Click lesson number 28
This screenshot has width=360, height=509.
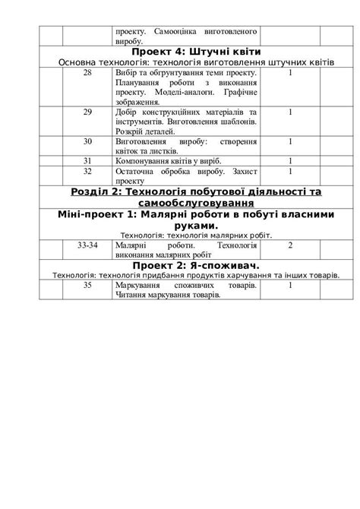(87, 73)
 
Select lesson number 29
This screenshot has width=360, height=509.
(87, 111)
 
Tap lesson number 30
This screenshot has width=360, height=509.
(87, 141)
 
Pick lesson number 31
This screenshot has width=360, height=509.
(87, 160)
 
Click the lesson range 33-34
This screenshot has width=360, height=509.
(87, 245)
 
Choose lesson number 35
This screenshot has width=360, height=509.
(87, 284)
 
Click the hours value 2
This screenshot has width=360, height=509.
(290, 245)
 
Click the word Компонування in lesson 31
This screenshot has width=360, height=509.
(141, 160)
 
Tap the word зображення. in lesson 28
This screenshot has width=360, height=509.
(138, 101)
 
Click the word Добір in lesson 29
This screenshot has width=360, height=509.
(126, 111)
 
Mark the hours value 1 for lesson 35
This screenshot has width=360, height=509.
(290, 284)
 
